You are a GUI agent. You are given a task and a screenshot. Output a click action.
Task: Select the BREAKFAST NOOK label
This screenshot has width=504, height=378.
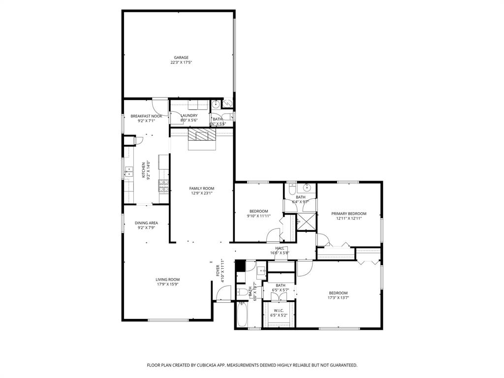(146, 116)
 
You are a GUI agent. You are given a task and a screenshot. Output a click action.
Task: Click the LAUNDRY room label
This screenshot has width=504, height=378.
(189, 116)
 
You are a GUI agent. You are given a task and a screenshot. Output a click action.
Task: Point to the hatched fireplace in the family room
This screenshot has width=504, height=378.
(202, 136)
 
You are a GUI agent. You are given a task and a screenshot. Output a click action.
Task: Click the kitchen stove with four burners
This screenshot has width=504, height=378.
(164, 186)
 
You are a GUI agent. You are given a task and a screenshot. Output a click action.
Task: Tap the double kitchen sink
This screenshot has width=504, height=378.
(129, 172)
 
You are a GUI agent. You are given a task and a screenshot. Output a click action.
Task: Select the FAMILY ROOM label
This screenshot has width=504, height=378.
(202, 189)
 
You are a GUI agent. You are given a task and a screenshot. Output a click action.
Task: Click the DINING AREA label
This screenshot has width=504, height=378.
(146, 223)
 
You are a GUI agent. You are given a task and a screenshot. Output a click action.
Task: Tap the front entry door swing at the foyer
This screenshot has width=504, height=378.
(222, 294)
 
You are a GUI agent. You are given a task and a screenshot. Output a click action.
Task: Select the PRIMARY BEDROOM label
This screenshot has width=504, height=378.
(349, 214)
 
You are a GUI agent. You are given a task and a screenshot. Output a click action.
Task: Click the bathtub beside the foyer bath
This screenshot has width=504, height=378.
(242, 315)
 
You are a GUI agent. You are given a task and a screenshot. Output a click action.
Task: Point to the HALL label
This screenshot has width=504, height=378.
(280, 249)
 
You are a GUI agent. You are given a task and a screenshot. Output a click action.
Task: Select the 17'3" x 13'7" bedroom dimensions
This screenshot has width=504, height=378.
(339, 298)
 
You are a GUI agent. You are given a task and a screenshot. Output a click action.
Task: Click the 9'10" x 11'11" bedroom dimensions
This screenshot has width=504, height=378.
(258, 216)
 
